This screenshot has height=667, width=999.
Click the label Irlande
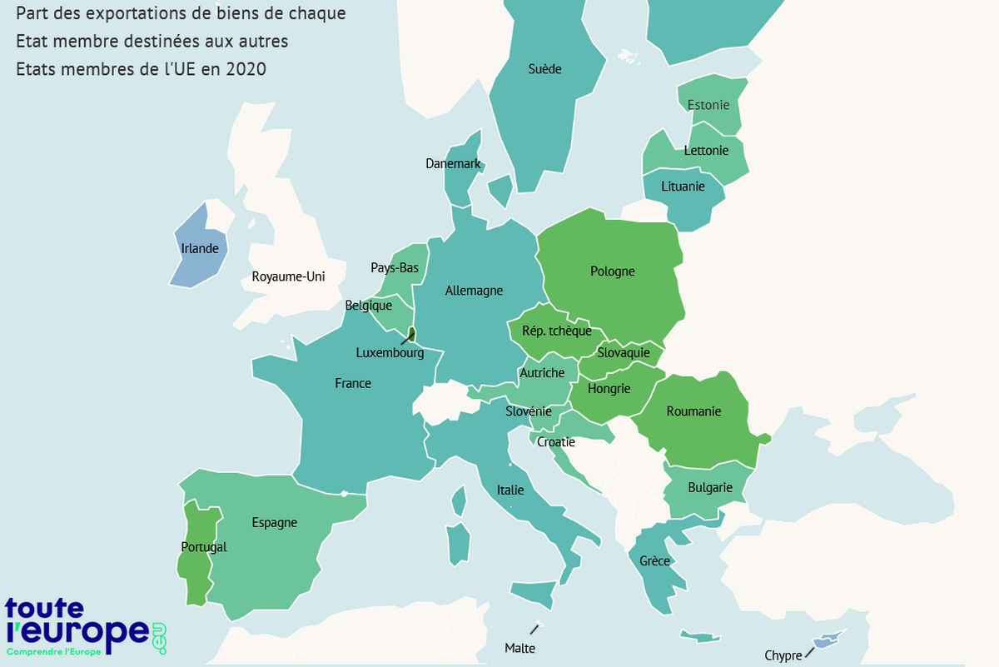click(x=200, y=248)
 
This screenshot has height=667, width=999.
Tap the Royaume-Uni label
click(x=288, y=276)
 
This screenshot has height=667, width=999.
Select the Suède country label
click(x=544, y=69)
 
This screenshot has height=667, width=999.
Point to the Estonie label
click(x=708, y=105)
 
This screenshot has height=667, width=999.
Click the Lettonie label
click(x=706, y=151)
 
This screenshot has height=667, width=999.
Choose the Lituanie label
click(x=683, y=187)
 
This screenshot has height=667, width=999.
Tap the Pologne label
click(x=612, y=271)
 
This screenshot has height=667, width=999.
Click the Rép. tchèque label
click(x=557, y=331)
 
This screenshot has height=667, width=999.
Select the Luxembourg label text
click(x=390, y=353)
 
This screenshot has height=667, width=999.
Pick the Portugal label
click(x=203, y=547)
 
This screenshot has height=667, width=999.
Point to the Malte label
click(x=519, y=648)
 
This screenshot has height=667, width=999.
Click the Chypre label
click(x=783, y=655)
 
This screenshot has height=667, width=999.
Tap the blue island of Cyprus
click(x=826, y=640)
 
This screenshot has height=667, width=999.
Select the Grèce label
click(x=654, y=561)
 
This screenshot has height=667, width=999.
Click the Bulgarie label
click(x=710, y=488)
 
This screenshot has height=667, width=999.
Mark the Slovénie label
click(x=529, y=411)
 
